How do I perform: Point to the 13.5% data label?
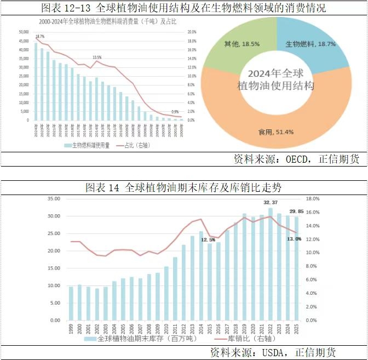tap(97, 57)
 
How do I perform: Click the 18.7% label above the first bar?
tap(39, 36)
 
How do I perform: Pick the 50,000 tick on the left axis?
tap(24, 32)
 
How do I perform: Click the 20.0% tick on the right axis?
tap(192, 32)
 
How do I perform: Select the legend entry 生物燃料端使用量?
tap(91, 145)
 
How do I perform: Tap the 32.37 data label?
tap(271, 203)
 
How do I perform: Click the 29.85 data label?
tap(297, 212)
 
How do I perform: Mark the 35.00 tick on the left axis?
tap(55, 199)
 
